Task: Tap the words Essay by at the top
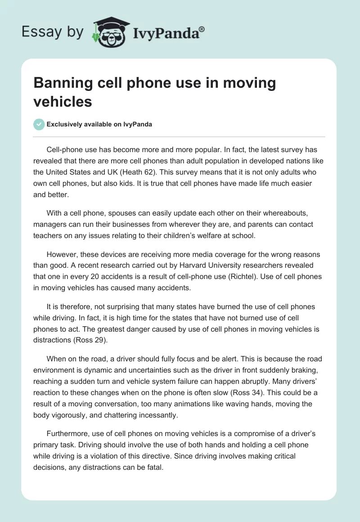[52, 31]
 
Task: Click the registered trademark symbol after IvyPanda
[202, 29]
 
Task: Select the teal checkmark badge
[39, 124]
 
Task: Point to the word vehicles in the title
[63, 101]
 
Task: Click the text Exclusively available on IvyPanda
[99, 124]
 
